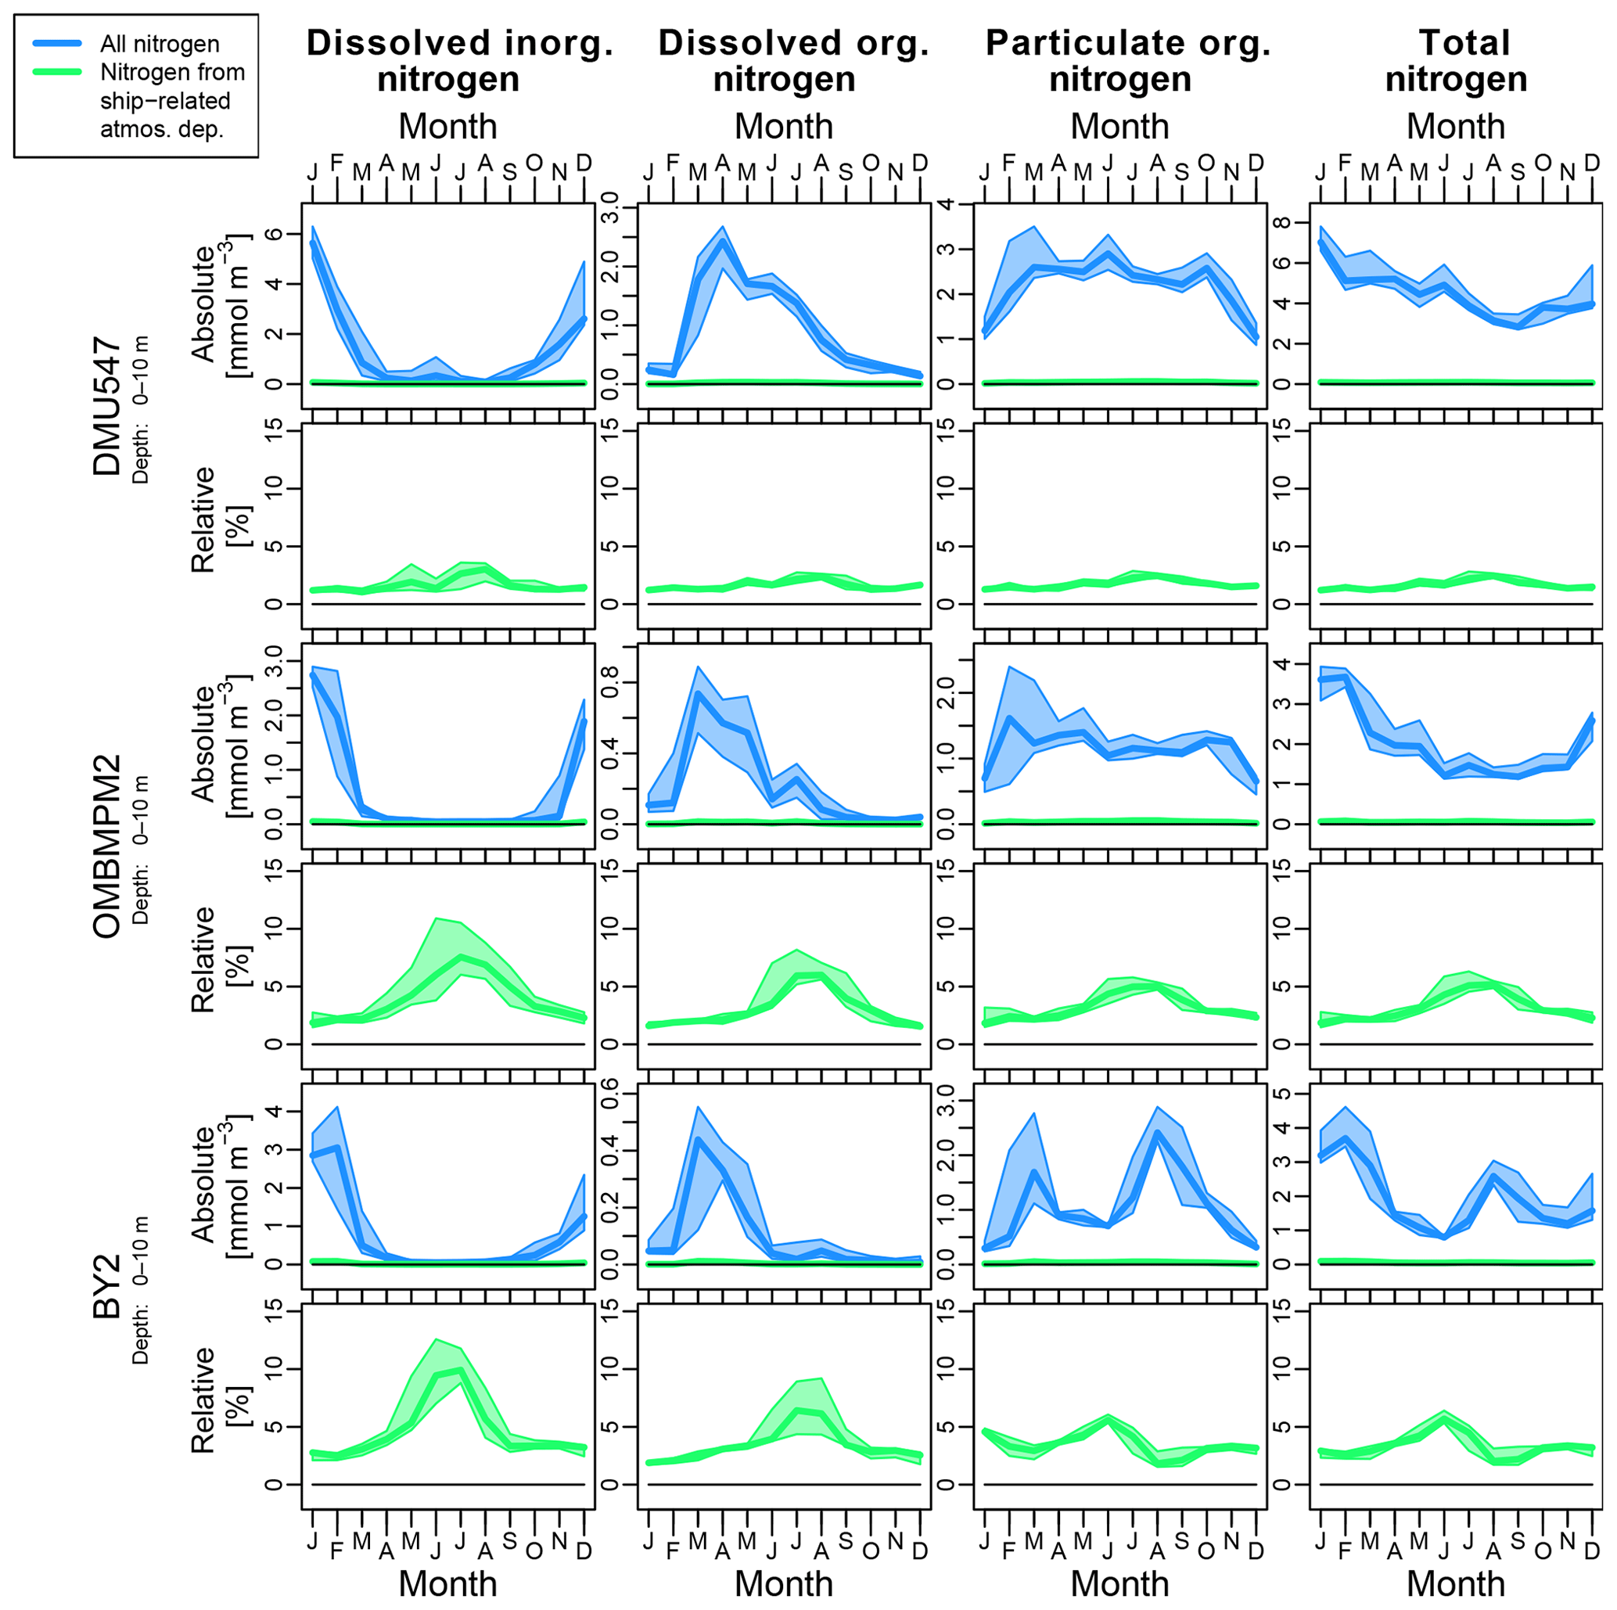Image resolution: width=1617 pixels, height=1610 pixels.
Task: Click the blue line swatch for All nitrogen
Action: [x=57, y=43]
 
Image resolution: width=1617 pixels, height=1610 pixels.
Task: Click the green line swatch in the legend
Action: [x=57, y=72]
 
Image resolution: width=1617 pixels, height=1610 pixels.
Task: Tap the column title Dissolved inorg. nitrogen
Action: [x=459, y=60]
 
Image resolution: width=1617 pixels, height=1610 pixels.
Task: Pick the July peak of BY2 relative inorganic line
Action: [x=460, y=1370]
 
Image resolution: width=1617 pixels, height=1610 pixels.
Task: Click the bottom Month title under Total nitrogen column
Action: [x=1456, y=1583]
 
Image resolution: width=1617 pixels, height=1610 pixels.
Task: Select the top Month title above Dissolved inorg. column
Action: [x=447, y=127]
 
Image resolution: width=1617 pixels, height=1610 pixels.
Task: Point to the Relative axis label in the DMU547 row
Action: [x=203, y=519]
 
